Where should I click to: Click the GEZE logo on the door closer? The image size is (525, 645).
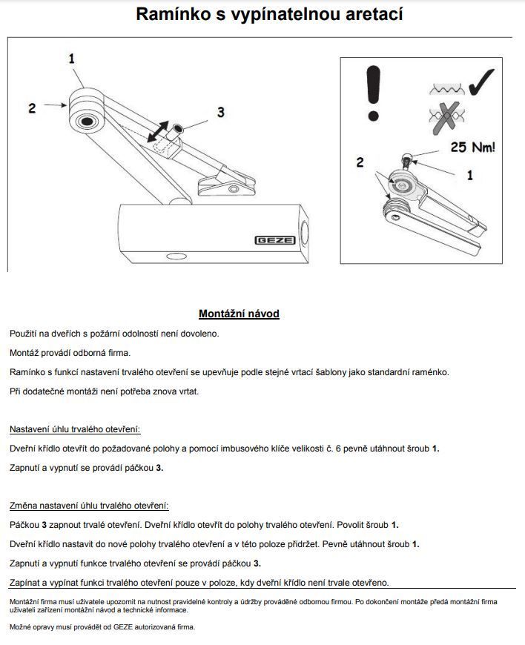point(274,239)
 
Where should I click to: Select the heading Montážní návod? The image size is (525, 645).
point(239,314)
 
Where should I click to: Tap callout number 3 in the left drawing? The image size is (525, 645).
point(220,112)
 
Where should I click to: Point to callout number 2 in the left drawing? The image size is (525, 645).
point(32,108)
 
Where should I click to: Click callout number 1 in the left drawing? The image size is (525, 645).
point(72,57)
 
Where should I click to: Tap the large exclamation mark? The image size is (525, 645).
point(373,93)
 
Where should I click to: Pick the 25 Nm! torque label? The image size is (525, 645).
point(473,148)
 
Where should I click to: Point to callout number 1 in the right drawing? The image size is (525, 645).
point(469,176)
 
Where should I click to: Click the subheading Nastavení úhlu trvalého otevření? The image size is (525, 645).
point(75,429)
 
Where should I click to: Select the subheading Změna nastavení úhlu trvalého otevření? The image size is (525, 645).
point(89,506)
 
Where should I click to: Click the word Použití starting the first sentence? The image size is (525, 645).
point(26,334)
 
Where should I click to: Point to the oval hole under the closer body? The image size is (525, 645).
point(178,256)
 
